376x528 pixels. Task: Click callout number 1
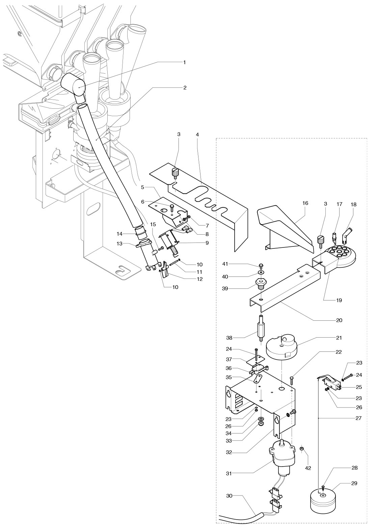coord(185,62)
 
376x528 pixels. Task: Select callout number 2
coord(185,88)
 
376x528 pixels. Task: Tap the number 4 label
coord(197,135)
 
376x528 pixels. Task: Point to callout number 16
coord(305,203)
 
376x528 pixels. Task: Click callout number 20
coord(339,320)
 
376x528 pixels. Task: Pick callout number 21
coord(339,338)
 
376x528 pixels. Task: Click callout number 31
coord(229,473)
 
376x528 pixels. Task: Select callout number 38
coord(229,338)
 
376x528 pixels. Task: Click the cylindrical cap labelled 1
coord(73,85)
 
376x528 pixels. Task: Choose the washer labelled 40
coord(261,272)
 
